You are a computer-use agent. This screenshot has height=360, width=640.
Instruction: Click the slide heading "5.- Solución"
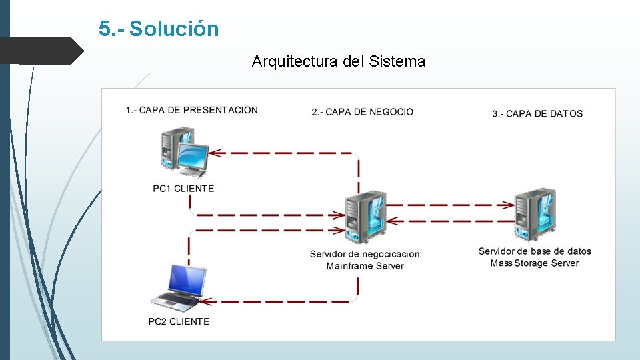click(159, 29)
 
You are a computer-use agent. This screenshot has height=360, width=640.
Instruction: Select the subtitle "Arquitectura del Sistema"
click(338, 62)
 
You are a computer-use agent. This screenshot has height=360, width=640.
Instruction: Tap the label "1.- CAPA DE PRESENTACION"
click(191, 110)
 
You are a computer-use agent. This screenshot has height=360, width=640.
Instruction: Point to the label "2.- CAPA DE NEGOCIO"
click(362, 112)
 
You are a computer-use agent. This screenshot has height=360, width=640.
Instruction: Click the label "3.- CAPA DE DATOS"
click(537, 114)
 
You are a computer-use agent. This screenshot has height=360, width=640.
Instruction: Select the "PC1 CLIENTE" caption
click(183, 189)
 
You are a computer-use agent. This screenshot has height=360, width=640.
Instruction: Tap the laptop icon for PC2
click(178, 287)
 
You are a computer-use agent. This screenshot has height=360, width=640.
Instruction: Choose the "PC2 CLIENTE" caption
click(179, 321)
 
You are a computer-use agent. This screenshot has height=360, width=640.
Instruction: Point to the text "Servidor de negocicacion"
click(365, 254)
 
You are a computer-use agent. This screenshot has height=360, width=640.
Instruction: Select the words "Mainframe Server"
click(365, 266)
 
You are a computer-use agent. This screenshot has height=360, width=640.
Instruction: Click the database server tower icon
click(535, 213)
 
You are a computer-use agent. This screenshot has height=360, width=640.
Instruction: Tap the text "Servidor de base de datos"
click(535, 251)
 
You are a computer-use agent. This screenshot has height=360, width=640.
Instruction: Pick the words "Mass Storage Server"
click(535, 263)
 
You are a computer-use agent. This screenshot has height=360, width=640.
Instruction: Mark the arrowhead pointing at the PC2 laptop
click(207, 301)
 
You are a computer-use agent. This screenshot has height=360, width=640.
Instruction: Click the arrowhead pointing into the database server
click(509, 205)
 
